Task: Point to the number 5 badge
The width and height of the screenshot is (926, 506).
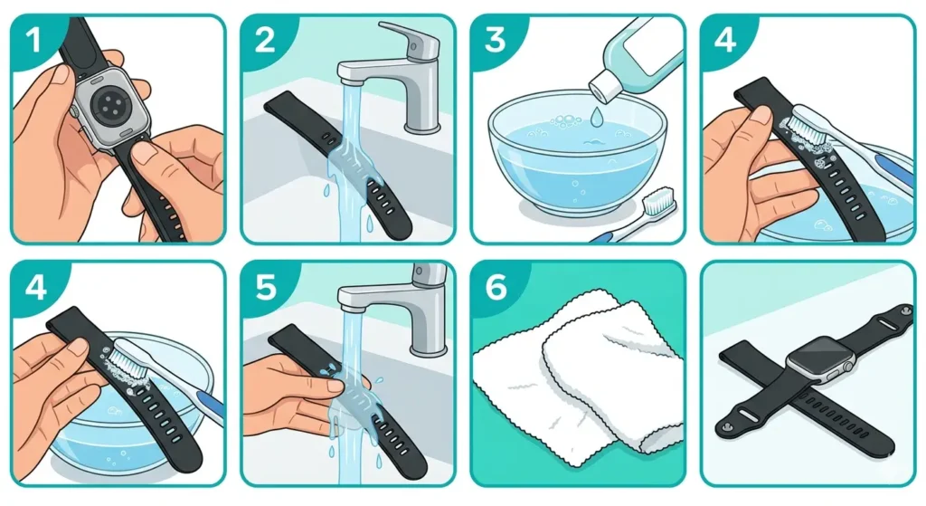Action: pyautogui.click(x=263, y=289)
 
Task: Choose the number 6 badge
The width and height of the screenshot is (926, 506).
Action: pyautogui.click(x=494, y=289)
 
